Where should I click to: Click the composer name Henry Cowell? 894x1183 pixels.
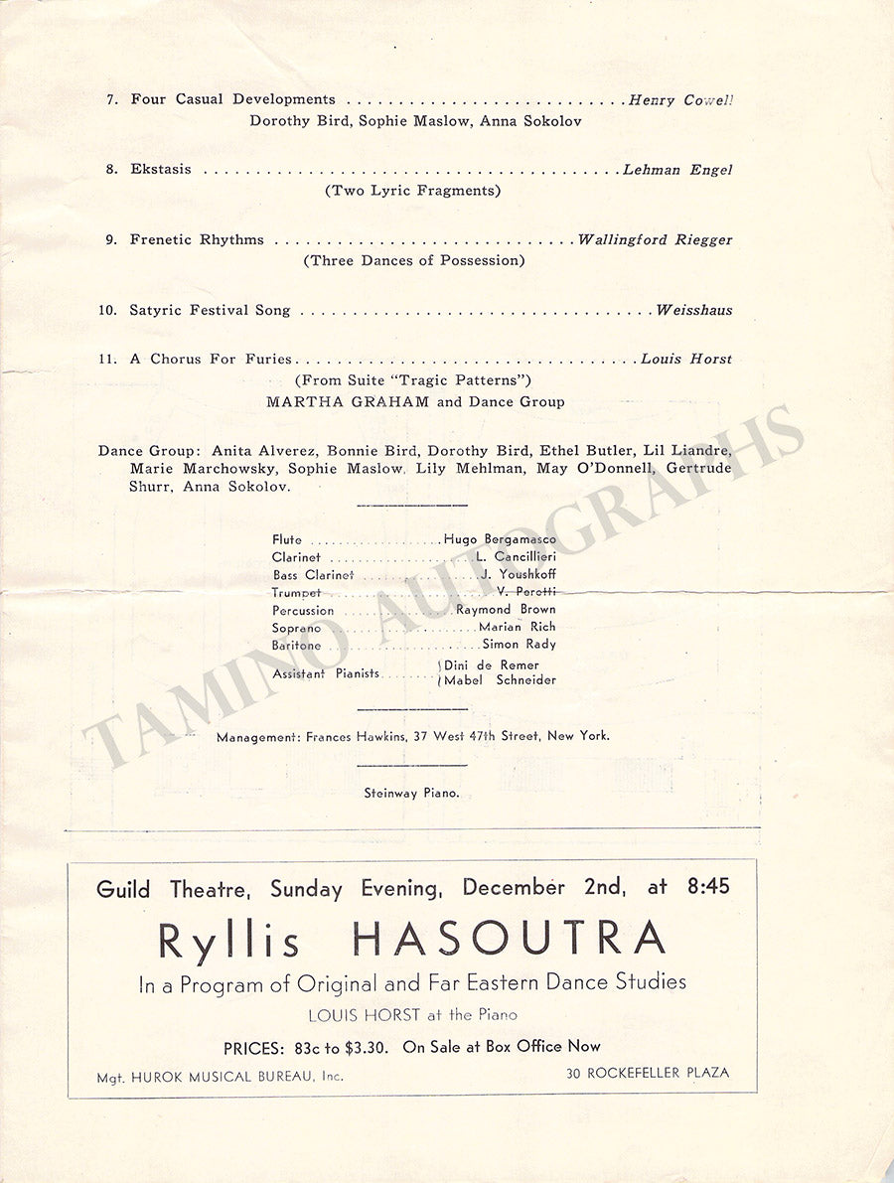(680, 100)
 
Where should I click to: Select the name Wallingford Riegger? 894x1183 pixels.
(656, 239)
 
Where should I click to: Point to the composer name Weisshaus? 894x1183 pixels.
(694, 310)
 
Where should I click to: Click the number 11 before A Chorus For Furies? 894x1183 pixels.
(107, 360)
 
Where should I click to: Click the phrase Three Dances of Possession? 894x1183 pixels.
(414, 261)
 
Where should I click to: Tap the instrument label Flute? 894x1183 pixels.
(287, 540)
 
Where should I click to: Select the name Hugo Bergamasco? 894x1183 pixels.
(500, 539)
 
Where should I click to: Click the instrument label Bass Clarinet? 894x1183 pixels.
(313, 575)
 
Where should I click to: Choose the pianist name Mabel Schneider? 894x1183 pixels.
(501, 680)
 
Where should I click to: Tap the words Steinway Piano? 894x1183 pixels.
(411, 793)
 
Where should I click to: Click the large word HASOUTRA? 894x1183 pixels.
(510, 939)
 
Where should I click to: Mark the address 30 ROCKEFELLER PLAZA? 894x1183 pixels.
(648, 1073)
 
